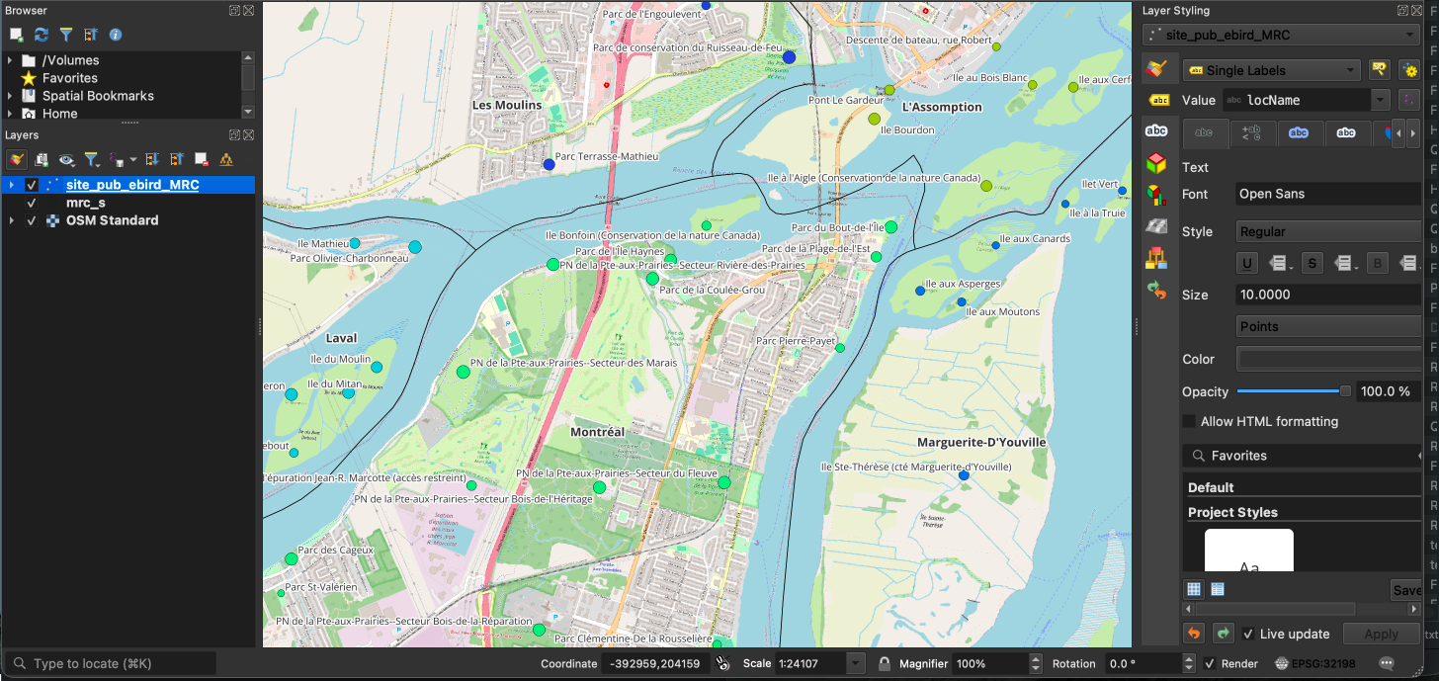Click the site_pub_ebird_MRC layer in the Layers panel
[x=131, y=185]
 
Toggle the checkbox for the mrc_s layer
[x=32, y=203]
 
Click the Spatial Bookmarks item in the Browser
[x=98, y=96]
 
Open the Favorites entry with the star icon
[x=69, y=78]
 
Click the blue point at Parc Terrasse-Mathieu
[x=549, y=164]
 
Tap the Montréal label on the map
[x=597, y=432]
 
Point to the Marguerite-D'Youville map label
[x=980, y=442]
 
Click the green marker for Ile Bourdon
[x=874, y=120]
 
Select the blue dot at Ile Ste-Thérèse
[x=964, y=475]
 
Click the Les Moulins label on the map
[x=507, y=105]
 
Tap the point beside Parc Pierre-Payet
[x=840, y=348]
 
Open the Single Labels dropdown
[x=1272, y=70]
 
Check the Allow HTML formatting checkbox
[x=1189, y=421]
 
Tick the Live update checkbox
[x=1249, y=634]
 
